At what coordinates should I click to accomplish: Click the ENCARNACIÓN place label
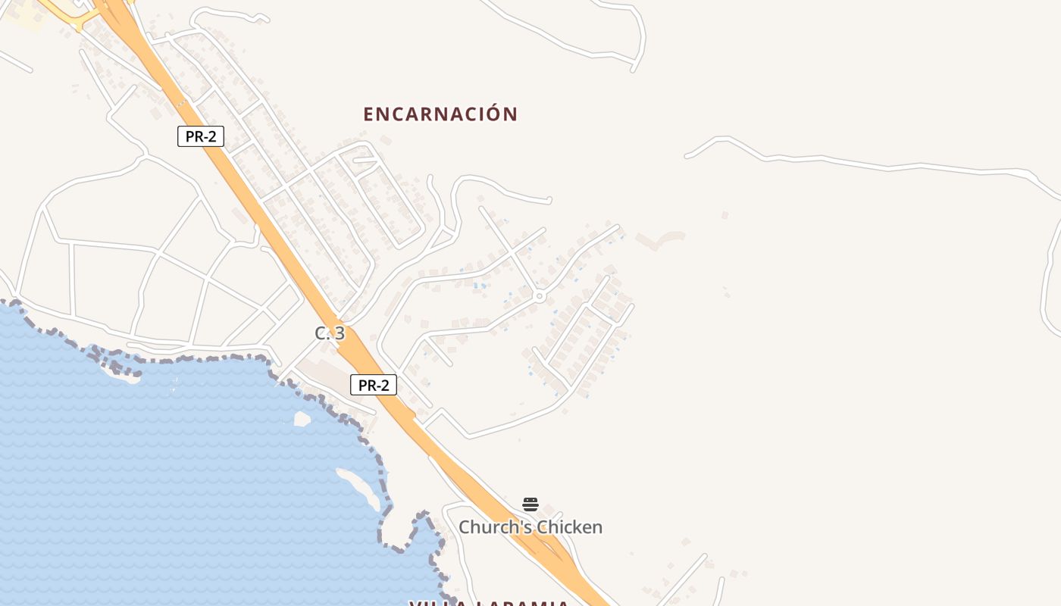click(x=440, y=114)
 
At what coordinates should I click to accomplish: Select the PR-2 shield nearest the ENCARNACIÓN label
click(x=201, y=136)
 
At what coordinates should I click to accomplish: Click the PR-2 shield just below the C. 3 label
click(x=373, y=385)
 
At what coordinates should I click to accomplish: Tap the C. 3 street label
click(x=330, y=333)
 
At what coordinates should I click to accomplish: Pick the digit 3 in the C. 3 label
click(x=340, y=333)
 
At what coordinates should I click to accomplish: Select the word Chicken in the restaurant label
click(x=568, y=527)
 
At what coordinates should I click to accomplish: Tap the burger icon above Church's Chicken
click(x=530, y=504)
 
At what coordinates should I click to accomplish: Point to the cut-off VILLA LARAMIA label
click(x=489, y=603)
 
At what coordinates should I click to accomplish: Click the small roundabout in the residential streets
click(x=539, y=296)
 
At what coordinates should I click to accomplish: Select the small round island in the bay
click(x=302, y=419)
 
